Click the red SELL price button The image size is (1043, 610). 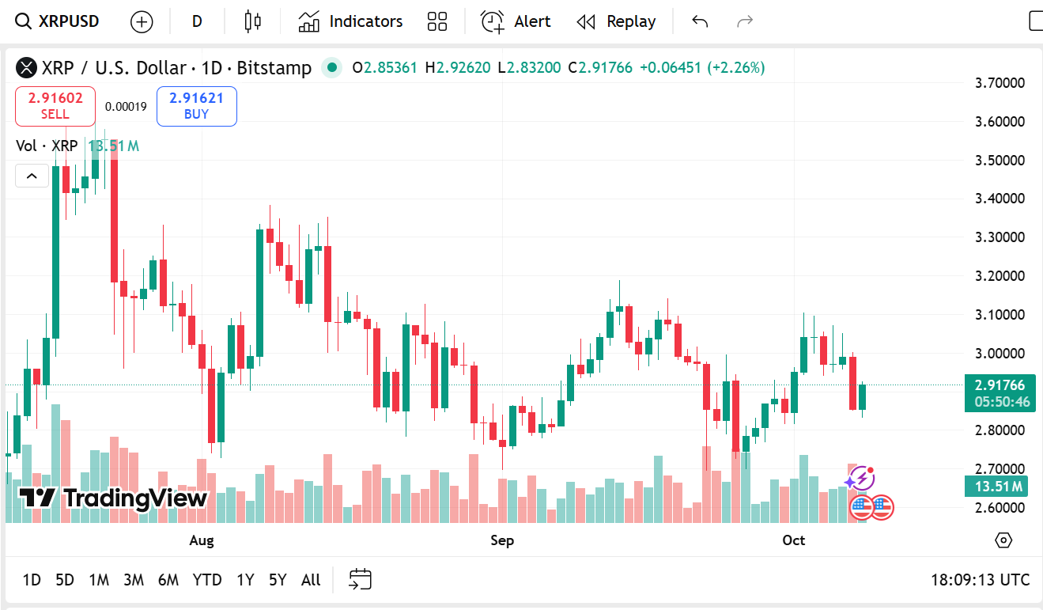point(55,106)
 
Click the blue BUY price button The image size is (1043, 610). point(196,106)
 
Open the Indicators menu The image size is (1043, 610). point(350,21)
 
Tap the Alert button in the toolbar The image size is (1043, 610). point(516,21)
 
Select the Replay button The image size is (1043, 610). point(616,21)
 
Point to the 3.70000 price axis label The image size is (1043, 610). point(1000,83)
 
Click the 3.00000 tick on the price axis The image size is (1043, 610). point(1000,354)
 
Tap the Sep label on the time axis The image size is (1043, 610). point(502,540)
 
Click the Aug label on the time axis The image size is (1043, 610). point(202,540)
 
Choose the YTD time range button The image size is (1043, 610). point(207,580)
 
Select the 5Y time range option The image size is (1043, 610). point(278,580)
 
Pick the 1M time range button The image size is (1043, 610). point(99,580)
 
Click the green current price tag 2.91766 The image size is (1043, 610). point(1000,386)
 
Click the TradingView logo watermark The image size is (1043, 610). point(113,498)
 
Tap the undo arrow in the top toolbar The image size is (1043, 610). point(700,21)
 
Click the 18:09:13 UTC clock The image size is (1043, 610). point(980,580)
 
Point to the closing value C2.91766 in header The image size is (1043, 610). point(600,68)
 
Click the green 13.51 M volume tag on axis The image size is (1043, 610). point(996,487)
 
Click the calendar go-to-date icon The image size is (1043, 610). point(361,580)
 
